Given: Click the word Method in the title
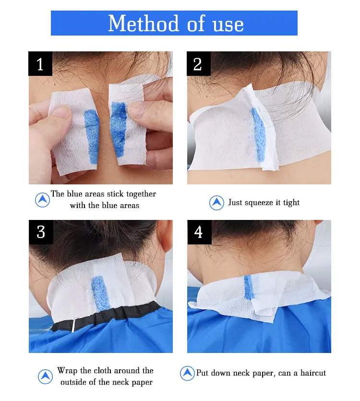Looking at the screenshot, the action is point(144,23).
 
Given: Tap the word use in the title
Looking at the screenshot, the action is point(228,25).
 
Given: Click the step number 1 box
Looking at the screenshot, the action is point(40,64).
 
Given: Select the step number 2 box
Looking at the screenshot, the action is point(199,64).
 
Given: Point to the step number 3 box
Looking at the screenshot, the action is point(41,232).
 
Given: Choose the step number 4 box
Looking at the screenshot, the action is point(199,232).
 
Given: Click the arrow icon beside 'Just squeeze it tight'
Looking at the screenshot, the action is point(216,203).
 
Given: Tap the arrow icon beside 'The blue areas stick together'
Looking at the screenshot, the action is point(42,200).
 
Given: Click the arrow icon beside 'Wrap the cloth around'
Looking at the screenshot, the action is point(45,377).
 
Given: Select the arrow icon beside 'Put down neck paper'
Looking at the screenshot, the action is point(187,373).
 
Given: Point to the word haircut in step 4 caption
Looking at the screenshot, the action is point(313,373).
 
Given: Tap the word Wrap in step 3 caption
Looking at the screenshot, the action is point(68,371).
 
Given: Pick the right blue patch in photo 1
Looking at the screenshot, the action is point(119,129).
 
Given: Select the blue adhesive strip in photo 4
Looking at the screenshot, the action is point(248,287).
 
